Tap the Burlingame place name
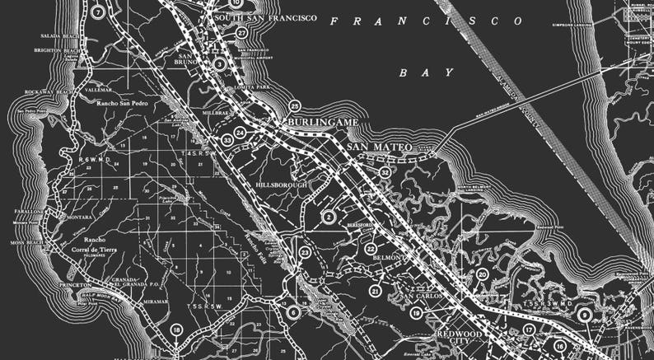pyautogui.click(x=322, y=122)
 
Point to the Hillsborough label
pyautogui.click(x=281, y=185)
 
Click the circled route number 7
pyautogui.click(x=98, y=12)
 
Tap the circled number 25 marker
pyautogui.click(x=295, y=106)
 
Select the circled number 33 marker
pyautogui.click(x=227, y=140)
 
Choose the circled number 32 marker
pyautogui.click(x=385, y=171)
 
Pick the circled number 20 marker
pyautogui.click(x=482, y=274)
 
